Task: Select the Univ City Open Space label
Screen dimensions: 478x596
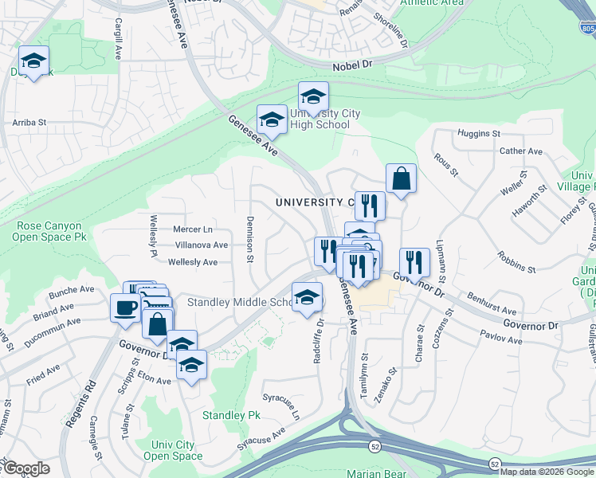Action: [x=173, y=450]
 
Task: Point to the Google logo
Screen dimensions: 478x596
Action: [x=25, y=468]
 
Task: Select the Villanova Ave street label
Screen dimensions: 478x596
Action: [x=201, y=245]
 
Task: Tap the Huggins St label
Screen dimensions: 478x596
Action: [x=478, y=134]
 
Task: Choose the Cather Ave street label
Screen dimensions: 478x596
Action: [x=520, y=151]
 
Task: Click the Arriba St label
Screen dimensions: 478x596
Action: [x=30, y=123]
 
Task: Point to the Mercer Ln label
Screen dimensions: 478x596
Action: [x=193, y=229]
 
